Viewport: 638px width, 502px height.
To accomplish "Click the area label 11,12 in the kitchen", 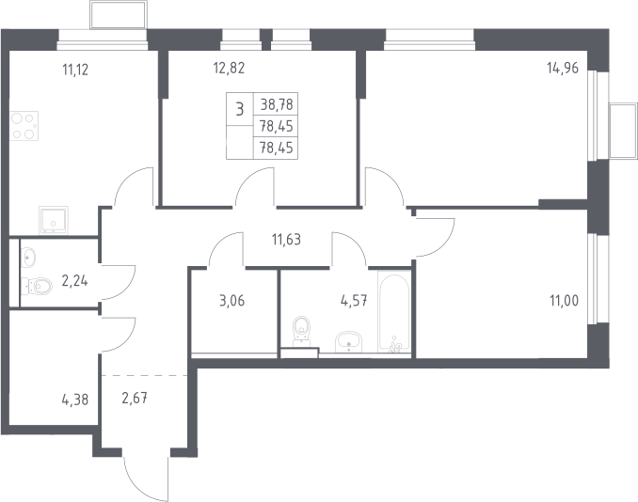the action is click(x=75, y=70).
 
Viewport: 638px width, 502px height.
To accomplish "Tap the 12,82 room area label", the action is click(x=229, y=68).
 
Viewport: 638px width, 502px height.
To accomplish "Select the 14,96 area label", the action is click(x=563, y=68).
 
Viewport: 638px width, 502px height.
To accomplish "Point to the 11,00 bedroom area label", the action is click(x=564, y=301).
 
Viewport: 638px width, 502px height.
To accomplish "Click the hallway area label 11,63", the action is click(x=286, y=240).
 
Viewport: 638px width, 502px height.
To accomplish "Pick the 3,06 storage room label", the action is click(x=231, y=301).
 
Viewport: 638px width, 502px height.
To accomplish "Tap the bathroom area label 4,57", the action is click(x=354, y=301).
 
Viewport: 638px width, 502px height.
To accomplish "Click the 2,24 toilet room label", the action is click(x=74, y=280).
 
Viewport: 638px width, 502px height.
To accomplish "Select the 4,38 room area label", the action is click(x=75, y=400).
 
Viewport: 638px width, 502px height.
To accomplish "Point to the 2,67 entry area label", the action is click(x=135, y=399).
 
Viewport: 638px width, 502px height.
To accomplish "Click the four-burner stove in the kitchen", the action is click(x=24, y=126).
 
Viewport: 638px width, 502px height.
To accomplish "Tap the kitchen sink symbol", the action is click(x=54, y=220).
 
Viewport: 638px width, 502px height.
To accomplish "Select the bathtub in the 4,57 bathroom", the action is click(x=394, y=311).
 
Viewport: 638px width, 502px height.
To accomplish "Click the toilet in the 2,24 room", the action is click(x=37, y=286).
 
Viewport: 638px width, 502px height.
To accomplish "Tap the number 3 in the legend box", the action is click(x=240, y=109).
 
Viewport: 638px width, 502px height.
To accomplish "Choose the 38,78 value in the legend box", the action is click(x=277, y=104).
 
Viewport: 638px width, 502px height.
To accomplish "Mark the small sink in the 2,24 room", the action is click(x=28, y=258).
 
